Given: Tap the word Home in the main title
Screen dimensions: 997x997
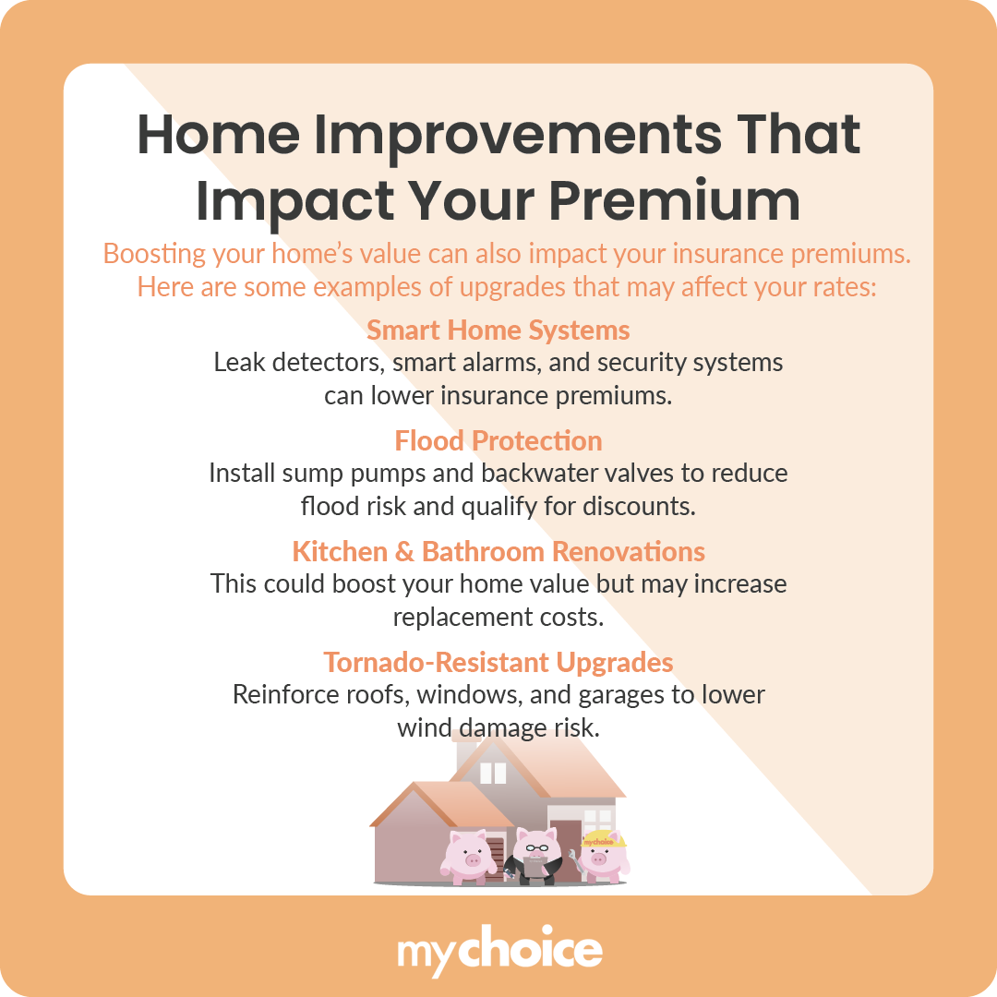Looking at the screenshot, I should pos(218,135).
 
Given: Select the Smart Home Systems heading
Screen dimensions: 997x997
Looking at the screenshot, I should pos(498,330).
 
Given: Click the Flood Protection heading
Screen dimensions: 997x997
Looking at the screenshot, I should pos(498,440).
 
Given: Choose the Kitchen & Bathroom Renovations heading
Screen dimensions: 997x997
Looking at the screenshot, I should pos(498,551).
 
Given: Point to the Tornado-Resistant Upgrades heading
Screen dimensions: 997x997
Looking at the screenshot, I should pos(498,662).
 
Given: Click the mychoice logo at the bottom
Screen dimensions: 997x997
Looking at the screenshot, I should pos(498,951).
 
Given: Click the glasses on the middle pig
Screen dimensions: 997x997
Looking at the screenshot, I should pos(536,847).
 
